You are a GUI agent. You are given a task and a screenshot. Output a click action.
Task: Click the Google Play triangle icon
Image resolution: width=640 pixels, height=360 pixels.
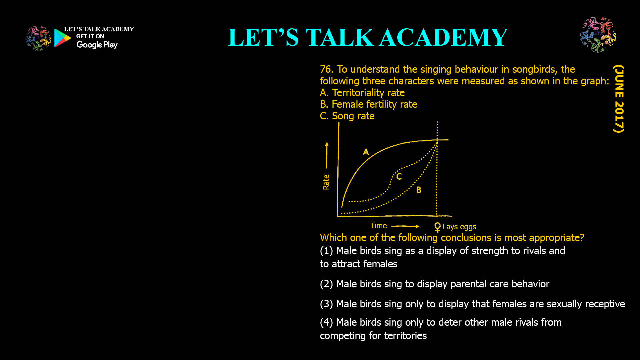pyautogui.click(x=62, y=38)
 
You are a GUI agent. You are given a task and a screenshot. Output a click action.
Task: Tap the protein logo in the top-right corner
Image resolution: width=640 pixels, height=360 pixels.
pyautogui.click(x=598, y=35)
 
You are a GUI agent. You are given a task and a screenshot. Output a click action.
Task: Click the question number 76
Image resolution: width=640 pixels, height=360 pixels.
pyautogui.click(x=327, y=69)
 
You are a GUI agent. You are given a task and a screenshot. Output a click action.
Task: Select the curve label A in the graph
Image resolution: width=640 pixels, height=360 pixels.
pyautogui.click(x=366, y=152)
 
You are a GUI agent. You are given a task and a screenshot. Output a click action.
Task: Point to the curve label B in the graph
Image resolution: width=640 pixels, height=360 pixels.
pyautogui.click(x=419, y=190)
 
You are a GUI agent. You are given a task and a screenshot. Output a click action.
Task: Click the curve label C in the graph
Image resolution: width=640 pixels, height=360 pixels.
pyautogui.click(x=399, y=176)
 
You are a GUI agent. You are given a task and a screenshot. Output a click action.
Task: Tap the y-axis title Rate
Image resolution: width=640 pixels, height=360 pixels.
pyautogui.click(x=326, y=182)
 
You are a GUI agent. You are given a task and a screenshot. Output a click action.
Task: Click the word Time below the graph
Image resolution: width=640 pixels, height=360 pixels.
pyautogui.click(x=378, y=226)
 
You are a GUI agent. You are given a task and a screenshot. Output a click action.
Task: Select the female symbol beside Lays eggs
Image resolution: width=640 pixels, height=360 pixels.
pyautogui.click(x=437, y=227)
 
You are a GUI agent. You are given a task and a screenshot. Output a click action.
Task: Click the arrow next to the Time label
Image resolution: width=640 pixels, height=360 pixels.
pyautogui.click(x=405, y=226)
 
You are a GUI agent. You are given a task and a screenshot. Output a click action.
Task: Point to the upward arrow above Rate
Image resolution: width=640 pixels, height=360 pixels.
pyautogui.click(x=327, y=155)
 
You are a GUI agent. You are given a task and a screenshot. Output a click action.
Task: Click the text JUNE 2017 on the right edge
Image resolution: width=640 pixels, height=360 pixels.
pyautogui.click(x=619, y=99)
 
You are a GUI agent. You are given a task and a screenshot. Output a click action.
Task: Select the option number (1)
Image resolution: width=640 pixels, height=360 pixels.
pyautogui.click(x=326, y=251)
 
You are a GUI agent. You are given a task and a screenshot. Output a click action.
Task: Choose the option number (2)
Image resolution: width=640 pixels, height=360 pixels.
pyautogui.click(x=326, y=284)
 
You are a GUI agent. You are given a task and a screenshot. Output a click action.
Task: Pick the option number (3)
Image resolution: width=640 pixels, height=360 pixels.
pyautogui.click(x=326, y=304)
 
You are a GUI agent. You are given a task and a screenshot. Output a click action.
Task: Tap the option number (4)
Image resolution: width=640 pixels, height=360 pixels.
pyautogui.click(x=326, y=322)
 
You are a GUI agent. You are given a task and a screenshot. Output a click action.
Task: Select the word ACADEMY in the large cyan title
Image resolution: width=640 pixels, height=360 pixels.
pyautogui.click(x=444, y=37)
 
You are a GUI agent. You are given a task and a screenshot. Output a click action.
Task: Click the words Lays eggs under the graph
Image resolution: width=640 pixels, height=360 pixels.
pyautogui.click(x=459, y=227)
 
